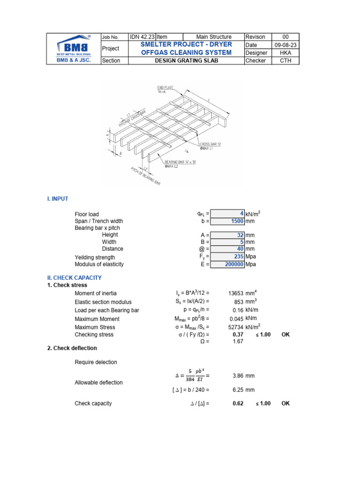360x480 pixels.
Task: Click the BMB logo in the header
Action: (x=74, y=48)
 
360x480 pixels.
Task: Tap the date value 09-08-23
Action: (x=286, y=45)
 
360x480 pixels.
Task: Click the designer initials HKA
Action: (x=286, y=52)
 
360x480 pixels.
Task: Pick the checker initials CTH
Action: (x=286, y=60)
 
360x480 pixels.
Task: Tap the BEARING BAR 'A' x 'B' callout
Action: (x=180, y=163)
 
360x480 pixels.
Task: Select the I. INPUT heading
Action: (x=57, y=199)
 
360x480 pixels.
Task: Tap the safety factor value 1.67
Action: (x=238, y=342)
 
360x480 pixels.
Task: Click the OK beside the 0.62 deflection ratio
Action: (x=285, y=403)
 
